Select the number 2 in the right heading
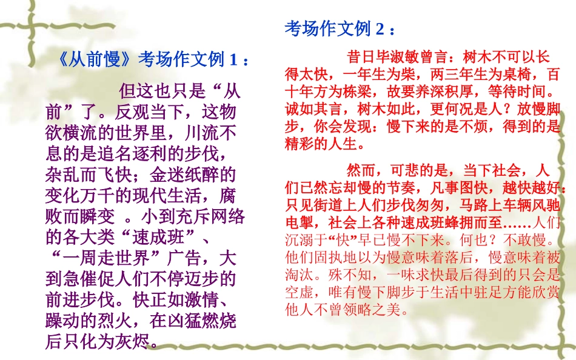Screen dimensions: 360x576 [x=380, y=28]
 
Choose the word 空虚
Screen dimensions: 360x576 [x=300, y=292]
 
